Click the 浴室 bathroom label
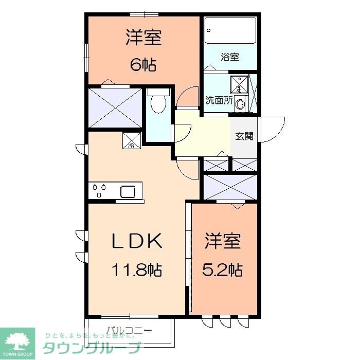pos(230,57)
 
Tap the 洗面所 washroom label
pos(219,100)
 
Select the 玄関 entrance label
pos(244,136)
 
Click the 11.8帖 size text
pos(136,269)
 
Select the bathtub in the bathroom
pos(230,31)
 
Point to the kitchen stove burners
pos(99,191)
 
